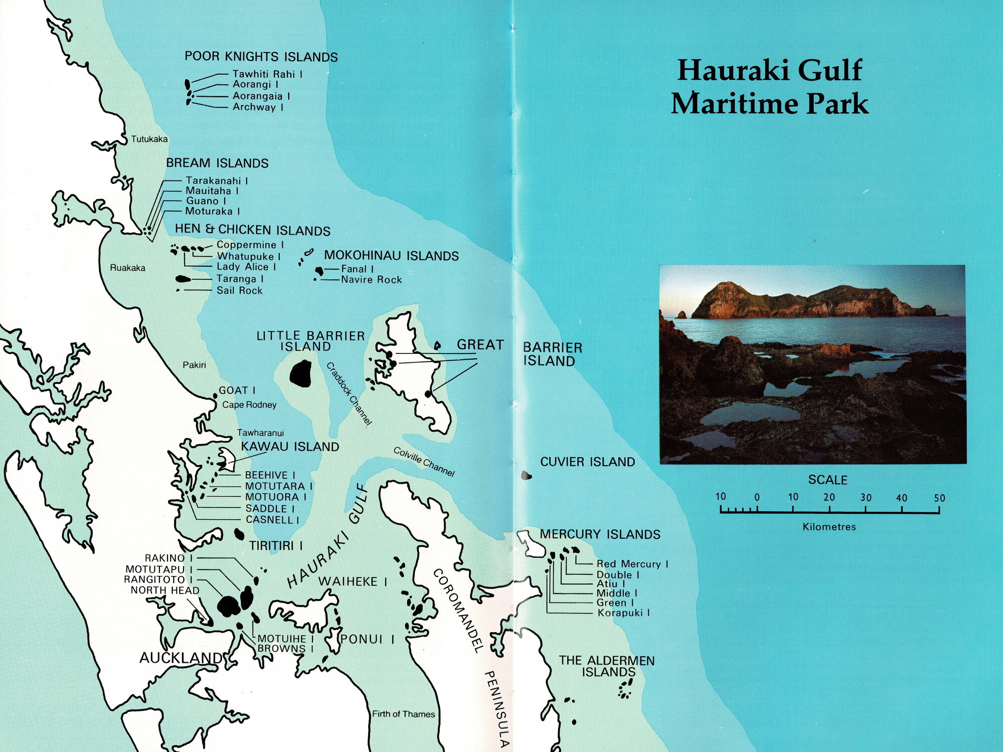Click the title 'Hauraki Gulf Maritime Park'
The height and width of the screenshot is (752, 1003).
(x=770, y=87)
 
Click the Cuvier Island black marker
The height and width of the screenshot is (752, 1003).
(x=526, y=475)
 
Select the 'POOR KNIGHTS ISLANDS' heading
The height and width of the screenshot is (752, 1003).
(x=261, y=57)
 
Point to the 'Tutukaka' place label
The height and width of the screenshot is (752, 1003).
(x=149, y=139)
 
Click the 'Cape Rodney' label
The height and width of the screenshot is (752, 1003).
(x=249, y=405)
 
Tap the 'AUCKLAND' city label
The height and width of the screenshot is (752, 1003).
(x=181, y=658)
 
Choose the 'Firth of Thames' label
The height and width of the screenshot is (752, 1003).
(x=403, y=714)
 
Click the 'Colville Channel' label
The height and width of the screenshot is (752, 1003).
(x=424, y=462)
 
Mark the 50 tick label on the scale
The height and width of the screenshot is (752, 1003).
(x=939, y=498)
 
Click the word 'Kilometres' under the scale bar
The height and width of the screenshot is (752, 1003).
(x=829, y=527)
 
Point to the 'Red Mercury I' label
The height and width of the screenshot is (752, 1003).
(x=632, y=564)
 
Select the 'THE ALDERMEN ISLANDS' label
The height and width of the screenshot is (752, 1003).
(x=607, y=666)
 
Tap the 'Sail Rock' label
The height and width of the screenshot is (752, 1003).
(x=239, y=290)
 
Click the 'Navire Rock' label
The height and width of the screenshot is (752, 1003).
(x=371, y=280)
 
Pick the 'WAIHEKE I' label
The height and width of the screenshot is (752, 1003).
(x=353, y=582)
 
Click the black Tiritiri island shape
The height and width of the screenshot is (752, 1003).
(x=239, y=534)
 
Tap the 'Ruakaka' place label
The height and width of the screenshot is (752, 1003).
(x=127, y=268)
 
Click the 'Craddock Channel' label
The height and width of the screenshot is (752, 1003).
(x=349, y=394)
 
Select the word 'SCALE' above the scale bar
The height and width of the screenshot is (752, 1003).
(x=827, y=480)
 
